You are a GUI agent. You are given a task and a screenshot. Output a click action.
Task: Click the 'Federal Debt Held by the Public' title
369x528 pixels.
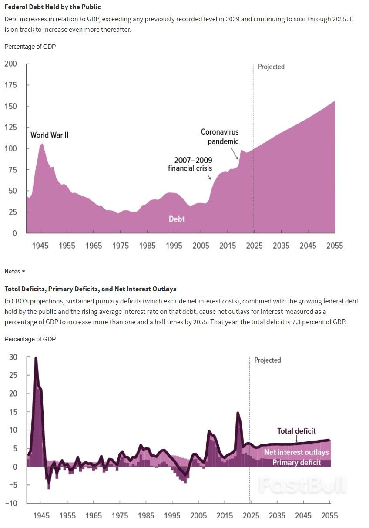pyautogui.click(x=52, y=7)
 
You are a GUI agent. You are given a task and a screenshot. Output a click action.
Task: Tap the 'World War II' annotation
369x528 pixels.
pyautogui.click(x=49, y=135)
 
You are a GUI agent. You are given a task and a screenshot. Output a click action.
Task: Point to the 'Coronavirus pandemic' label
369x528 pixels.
pyautogui.click(x=220, y=137)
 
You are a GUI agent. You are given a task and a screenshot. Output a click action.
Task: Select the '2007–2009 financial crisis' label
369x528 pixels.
pyautogui.click(x=191, y=164)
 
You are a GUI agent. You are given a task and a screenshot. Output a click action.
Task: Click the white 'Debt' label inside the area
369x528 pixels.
pyautogui.click(x=177, y=219)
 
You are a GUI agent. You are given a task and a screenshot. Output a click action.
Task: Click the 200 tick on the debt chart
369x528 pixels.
pyautogui.click(x=10, y=64)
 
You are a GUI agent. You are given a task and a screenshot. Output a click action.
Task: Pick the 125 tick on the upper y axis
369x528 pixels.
pyautogui.click(x=10, y=128)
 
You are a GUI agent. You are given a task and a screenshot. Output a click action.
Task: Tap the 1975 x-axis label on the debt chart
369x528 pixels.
pyautogui.click(x=121, y=246)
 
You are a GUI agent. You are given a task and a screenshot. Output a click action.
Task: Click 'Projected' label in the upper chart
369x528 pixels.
pyautogui.click(x=271, y=67)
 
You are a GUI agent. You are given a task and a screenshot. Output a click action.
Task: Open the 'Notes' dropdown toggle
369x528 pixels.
pyautogui.click(x=15, y=271)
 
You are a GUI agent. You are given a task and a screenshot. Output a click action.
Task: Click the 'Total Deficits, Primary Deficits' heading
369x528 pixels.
pyautogui.click(x=90, y=289)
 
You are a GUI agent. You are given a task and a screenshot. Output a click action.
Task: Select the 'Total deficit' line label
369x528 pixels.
pyautogui.click(x=296, y=431)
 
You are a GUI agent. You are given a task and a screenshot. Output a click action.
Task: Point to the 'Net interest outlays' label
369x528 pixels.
pyautogui.click(x=296, y=452)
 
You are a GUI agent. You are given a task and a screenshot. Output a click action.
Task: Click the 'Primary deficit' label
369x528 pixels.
pyautogui.click(x=296, y=462)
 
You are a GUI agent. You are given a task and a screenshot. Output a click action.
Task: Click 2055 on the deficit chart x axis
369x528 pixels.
pyautogui.click(x=329, y=516)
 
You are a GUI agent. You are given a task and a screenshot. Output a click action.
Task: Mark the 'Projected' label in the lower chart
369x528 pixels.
pyautogui.click(x=268, y=360)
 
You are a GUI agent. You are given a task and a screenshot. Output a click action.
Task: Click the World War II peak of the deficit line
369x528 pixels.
pyautogui.click(x=35, y=358)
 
